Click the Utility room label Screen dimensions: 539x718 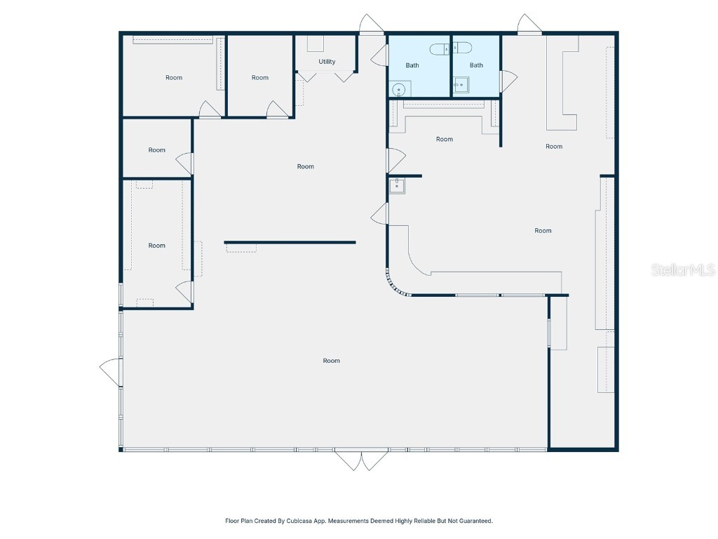327,62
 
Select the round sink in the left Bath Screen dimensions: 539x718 398,89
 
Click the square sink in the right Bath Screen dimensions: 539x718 460,86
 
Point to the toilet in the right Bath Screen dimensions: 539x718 462,48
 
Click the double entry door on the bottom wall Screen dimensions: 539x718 362,460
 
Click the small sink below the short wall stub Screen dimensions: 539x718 398,186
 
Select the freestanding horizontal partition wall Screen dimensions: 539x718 290,243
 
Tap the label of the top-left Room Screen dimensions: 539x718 174,78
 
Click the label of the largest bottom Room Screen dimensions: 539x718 332,361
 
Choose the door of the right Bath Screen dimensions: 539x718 508,81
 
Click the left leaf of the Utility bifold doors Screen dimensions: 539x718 307,76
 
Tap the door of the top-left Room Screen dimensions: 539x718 210,109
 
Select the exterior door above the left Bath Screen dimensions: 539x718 370,25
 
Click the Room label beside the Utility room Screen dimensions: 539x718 260,78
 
